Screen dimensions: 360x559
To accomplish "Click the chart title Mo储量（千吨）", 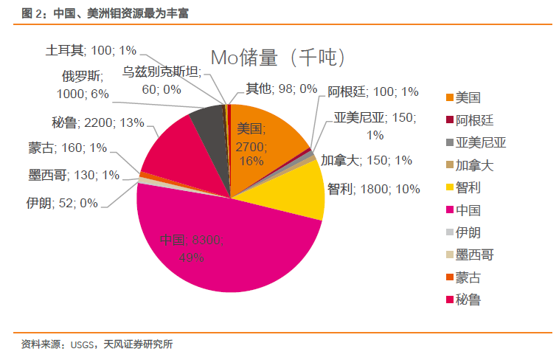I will tap(279, 58).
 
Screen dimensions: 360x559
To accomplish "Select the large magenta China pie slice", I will tap(221, 251).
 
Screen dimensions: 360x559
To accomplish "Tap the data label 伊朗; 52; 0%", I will tap(61, 202).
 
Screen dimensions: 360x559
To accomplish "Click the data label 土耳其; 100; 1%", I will tap(91, 51).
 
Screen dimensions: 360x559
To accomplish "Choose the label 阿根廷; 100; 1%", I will tap(373, 91).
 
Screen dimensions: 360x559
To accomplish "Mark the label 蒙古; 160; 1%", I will tap(68, 148).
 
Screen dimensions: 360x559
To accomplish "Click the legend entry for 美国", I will tap(468, 97).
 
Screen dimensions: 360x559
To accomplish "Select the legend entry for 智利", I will tap(468, 187).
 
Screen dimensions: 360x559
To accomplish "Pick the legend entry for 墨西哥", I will tap(474, 255).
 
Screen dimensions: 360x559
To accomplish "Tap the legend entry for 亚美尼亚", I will tap(480, 142).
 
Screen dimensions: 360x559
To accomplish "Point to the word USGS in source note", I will tap(83, 344).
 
